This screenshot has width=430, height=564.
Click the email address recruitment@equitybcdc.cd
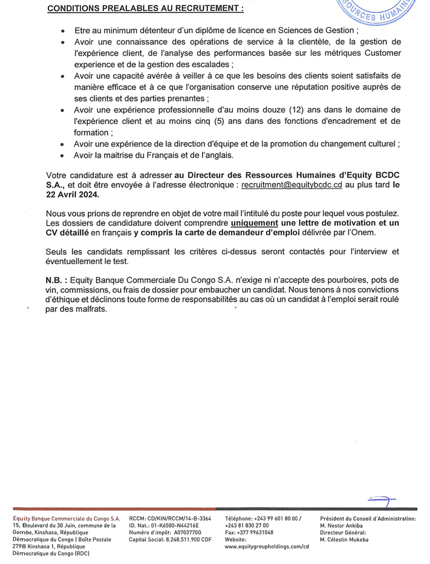[x=292, y=185]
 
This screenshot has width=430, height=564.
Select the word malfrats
[x=88, y=309]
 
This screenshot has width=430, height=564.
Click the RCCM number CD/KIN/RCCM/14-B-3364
[x=179, y=519]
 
